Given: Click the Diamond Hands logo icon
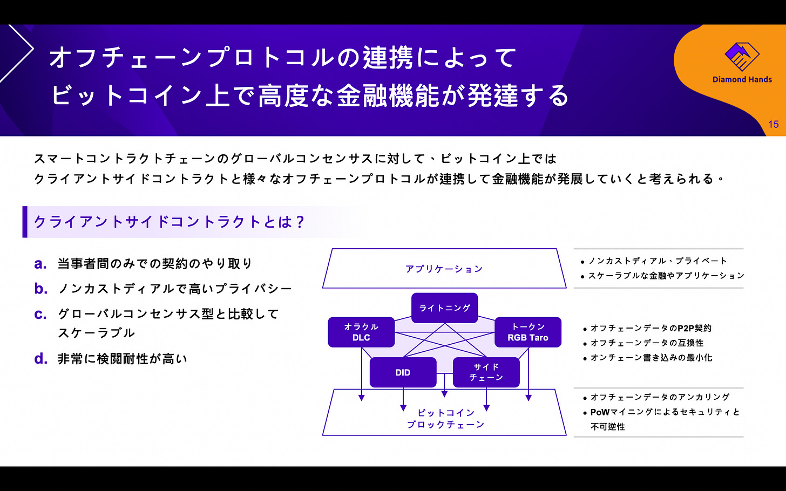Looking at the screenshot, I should (742, 57).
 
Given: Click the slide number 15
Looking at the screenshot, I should (773, 125).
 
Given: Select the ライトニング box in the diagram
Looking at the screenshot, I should (444, 308).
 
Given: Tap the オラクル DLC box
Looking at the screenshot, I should (361, 332).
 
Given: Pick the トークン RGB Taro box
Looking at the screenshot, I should (527, 332).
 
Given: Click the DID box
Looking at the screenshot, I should (403, 372).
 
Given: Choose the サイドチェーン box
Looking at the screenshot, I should (486, 372).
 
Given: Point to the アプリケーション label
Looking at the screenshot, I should (444, 269).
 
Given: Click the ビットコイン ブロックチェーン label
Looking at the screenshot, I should (445, 419).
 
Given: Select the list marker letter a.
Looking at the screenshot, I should (40, 264).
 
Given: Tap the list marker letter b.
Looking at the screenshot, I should (40, 289).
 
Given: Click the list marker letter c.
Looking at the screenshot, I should (40, 314).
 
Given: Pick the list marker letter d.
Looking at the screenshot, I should (40, 359).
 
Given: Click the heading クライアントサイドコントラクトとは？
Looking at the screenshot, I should (170, 222).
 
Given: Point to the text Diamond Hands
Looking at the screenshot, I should (742, 79).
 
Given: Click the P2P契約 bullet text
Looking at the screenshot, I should (651, 328).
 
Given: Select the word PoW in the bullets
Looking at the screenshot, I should (600, 412).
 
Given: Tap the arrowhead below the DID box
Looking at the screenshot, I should (403, 408).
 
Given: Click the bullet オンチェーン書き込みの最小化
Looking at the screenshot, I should (651, 357).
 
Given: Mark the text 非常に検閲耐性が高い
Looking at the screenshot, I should (123, 359).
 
